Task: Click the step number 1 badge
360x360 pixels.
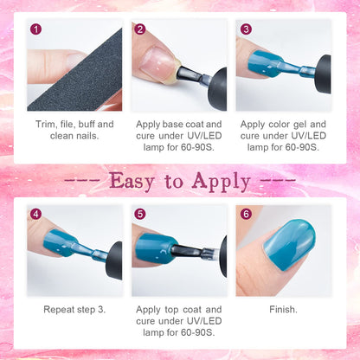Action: (x=35, y=29)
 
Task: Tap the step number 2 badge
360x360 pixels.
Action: (x=140, y=29)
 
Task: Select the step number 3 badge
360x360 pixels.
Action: (x=246, y=29)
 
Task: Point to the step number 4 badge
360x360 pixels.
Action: (x=35, y=214)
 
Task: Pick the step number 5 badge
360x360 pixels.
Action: (x=140, y=214)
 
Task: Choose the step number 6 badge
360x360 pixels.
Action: (x=246, y=214)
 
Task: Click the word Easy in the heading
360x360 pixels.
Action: (x=132, y=182)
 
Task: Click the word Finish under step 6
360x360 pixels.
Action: (x=283, y=310)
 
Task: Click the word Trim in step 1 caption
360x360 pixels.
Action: (x=46, y=125)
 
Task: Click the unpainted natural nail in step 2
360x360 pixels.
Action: (x=157, y=61)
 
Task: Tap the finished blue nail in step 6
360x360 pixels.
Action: (x=289, y=245)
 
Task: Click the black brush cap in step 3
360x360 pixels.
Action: (x=323, y=74)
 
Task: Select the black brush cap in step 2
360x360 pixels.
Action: (x=217, y=89)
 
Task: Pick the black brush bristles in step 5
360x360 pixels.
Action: (x=185, y=250)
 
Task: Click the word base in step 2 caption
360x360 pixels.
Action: (x=173, y=125)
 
